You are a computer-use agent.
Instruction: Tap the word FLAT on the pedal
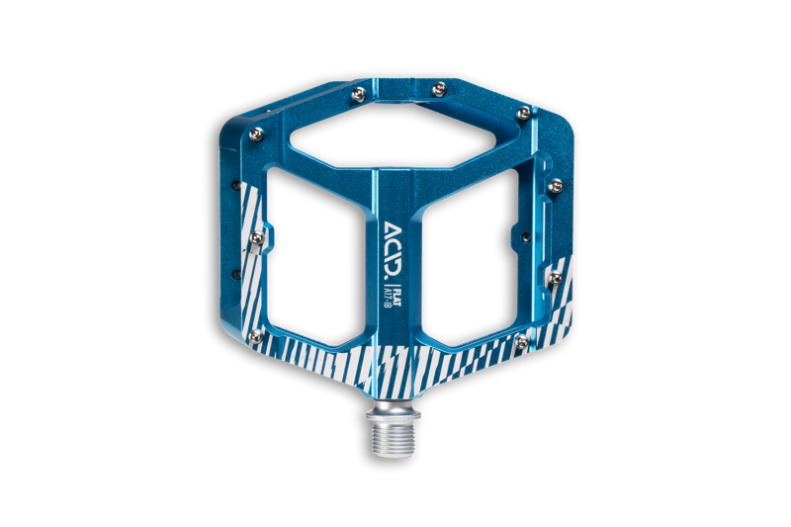396,294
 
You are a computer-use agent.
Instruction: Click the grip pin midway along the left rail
256,236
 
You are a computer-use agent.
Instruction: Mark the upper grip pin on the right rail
556,184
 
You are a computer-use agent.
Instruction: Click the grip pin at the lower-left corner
257,337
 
